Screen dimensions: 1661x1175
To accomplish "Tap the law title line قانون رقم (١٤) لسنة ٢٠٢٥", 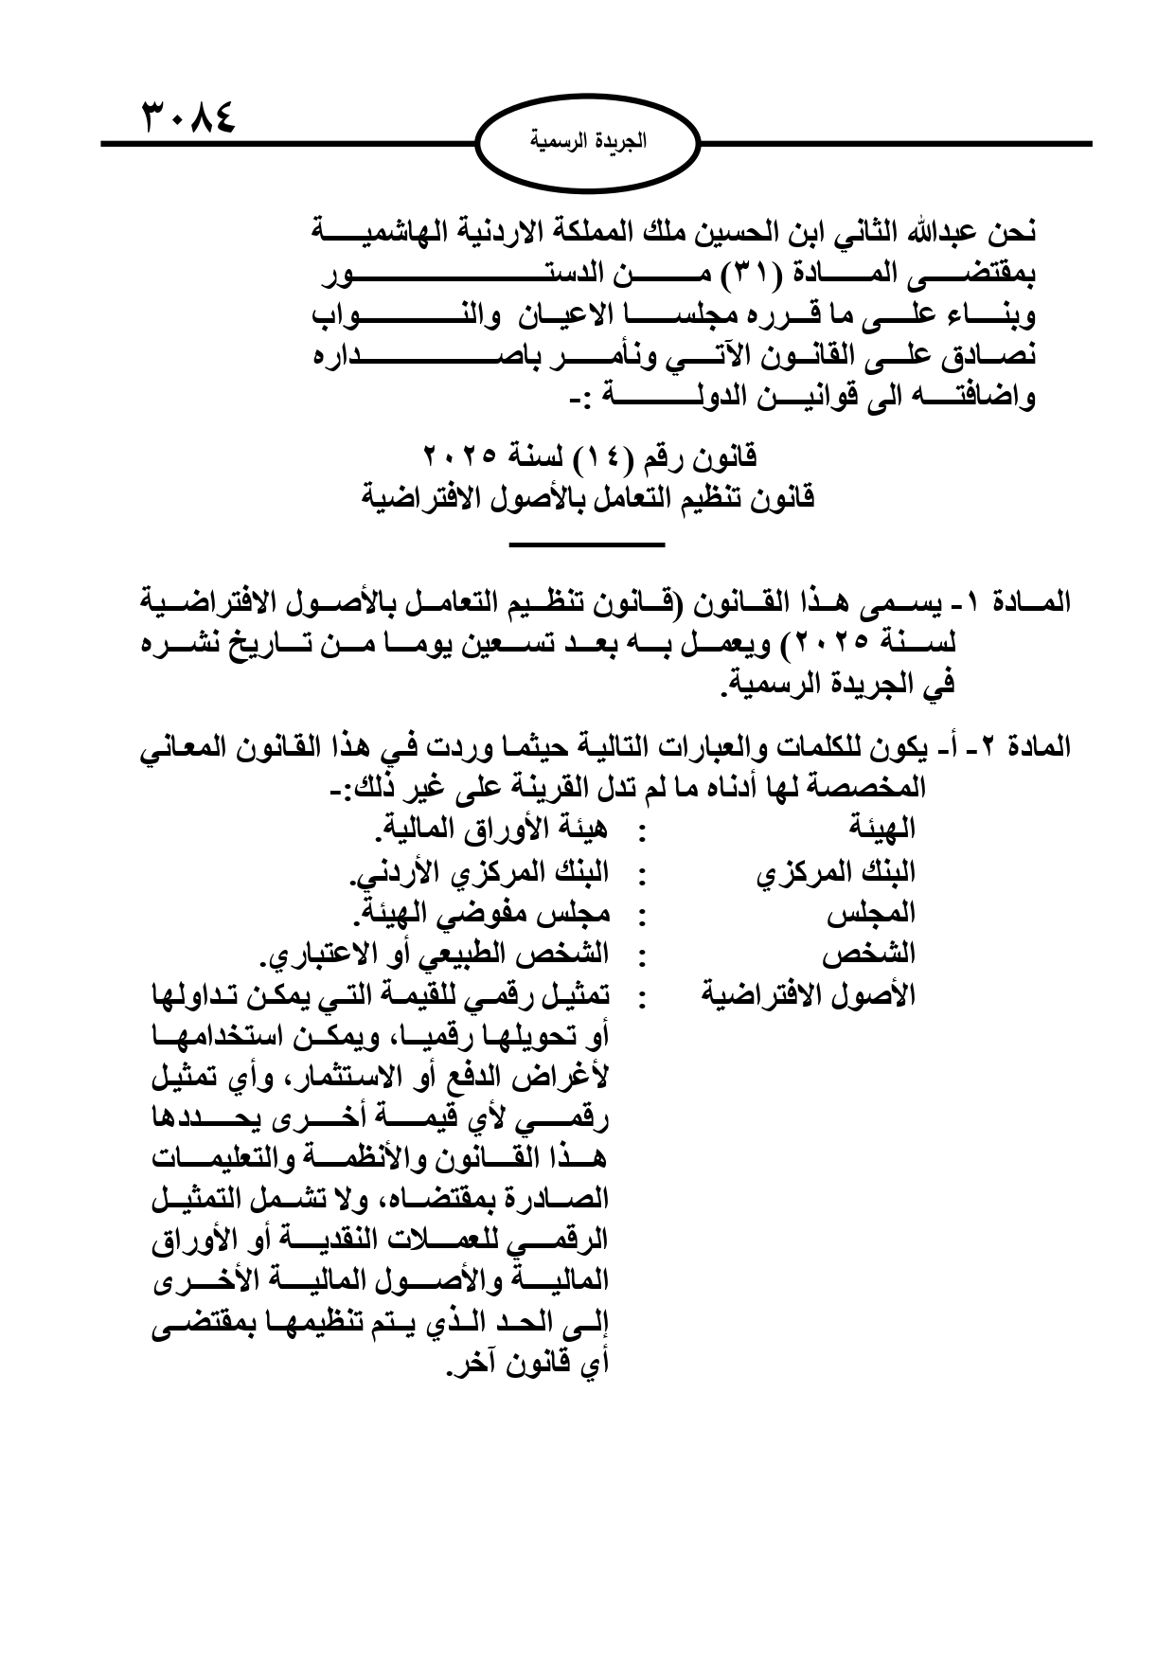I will tap(590, 457).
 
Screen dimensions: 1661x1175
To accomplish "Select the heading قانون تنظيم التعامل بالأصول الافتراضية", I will tap(590, 497).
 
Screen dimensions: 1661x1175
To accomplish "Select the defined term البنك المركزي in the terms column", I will tap(836, 872).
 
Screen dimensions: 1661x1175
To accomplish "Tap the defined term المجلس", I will tap(871, 914).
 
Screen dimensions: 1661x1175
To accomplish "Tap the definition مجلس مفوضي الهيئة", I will tap(481, 914).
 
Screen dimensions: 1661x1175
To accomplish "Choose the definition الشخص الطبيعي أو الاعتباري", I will tap(435, 955).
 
